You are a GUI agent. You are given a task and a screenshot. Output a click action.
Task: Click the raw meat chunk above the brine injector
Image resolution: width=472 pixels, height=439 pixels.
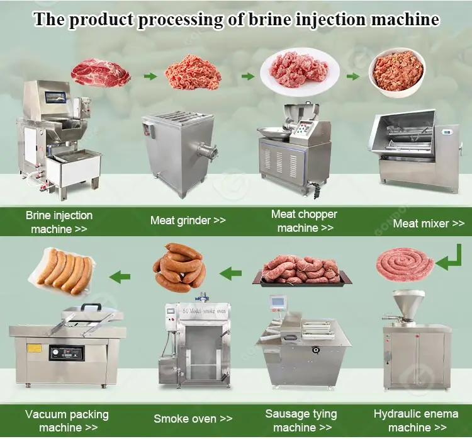pyautogui.click(x=100, y=72)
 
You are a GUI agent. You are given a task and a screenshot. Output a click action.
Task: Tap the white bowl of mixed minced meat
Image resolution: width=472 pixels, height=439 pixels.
pyautogui.click(x=396, y=70)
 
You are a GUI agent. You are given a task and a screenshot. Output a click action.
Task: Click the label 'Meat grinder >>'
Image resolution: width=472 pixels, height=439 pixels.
pyautogui.click(x=188, y=220)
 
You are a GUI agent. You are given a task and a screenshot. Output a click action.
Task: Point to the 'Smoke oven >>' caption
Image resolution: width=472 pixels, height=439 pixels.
pyautogui.click(x=193, y=418)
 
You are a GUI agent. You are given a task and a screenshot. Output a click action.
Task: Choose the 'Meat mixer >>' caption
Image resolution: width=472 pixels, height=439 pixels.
pyautogui.click(x=429, y=223)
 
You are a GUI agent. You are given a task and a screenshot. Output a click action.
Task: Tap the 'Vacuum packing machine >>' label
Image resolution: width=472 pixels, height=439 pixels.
pyautogui.click(x=67, y=421)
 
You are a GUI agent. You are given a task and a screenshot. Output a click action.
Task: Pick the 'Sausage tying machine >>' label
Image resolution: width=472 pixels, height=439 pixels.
pyautogui.click(x=301, y=421)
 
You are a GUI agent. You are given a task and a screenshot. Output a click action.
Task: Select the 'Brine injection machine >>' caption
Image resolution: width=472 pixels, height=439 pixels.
pyautogui.click(x=59, y=222)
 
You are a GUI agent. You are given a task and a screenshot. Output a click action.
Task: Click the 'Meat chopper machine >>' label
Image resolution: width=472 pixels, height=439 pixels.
pyautogui.click(x=304, y=221)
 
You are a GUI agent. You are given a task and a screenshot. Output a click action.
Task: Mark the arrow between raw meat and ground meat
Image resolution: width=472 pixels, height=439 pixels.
pyautogui.click(x=149, y=76)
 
